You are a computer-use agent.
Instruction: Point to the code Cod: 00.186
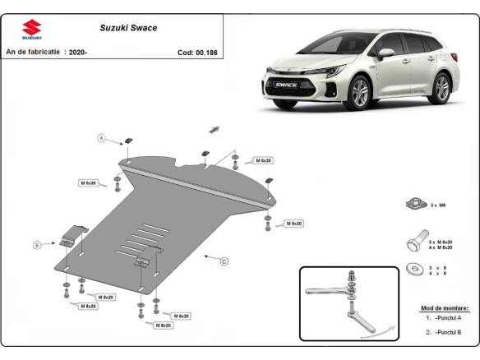coord(196,52)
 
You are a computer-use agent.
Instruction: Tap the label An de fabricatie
coord(33,52)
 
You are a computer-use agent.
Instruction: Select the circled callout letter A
coord(103,137)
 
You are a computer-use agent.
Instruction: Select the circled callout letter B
coord(37,244)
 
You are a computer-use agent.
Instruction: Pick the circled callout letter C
coord(224,261)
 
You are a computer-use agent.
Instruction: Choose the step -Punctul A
coord(444,317)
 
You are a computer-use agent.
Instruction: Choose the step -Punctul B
coord(444,331)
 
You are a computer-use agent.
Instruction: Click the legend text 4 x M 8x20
coord(441,247)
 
